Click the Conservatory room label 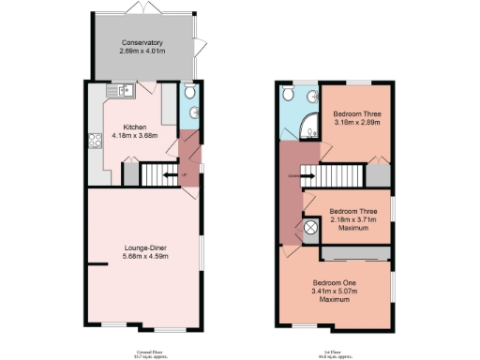[142, 42]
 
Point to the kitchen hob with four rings [95, 142]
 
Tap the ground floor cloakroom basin [194, 113]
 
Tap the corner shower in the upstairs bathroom [305, 123]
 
